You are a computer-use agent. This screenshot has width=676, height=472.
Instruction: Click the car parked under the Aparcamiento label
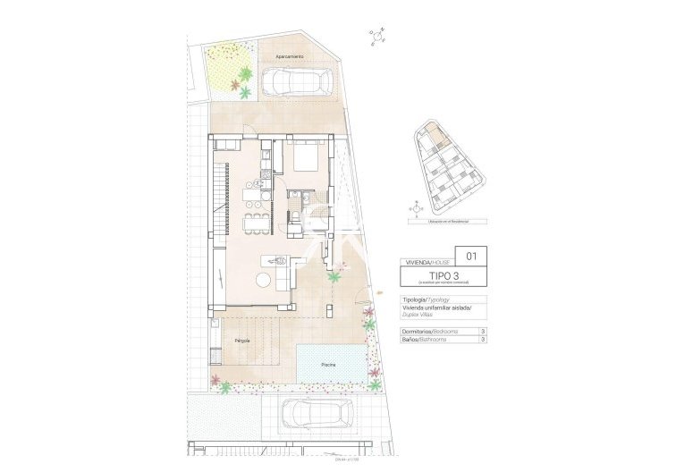(x=296, y=81)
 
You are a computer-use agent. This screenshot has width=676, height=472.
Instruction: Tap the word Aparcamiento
(x=289, y=56)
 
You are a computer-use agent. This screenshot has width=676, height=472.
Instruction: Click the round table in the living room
(x=264, y=280)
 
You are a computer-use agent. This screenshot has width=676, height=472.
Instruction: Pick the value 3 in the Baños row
(x=483, y=340)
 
